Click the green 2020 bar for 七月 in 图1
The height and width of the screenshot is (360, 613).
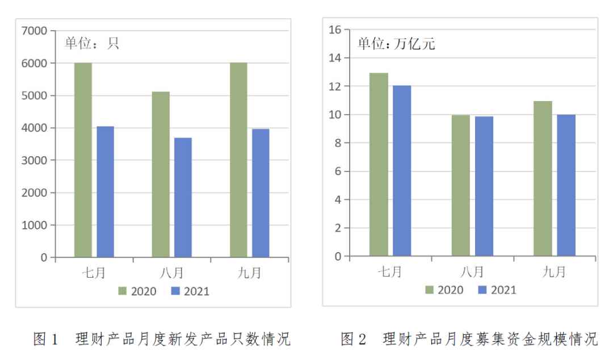pyautogui.click(x=83, y=160)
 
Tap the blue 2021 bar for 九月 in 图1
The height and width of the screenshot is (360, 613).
pyautogui.click(x=261, y=193)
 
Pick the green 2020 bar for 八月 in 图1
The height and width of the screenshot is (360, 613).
pyautogui.click(x=161, y=174)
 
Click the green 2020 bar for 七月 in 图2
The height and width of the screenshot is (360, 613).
pyautogui.click(x=379, y=165)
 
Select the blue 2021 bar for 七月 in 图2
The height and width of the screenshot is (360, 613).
pyautogui.click(x=401, y=171)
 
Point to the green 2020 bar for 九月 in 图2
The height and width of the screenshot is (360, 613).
pyautogui.click(x=543, y=179)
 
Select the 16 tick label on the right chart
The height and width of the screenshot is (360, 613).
pyautogui.click(x=334, y=30)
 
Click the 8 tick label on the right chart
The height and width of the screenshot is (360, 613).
pyautogui.click(x=338, y=143)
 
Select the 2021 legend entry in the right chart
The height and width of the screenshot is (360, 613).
pyautogui.click(x=497, y=290)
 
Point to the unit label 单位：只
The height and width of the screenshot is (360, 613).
pyautogui.click(x=91, y=44)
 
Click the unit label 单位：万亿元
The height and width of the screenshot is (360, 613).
pyautogui.click(x=396, y=44)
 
